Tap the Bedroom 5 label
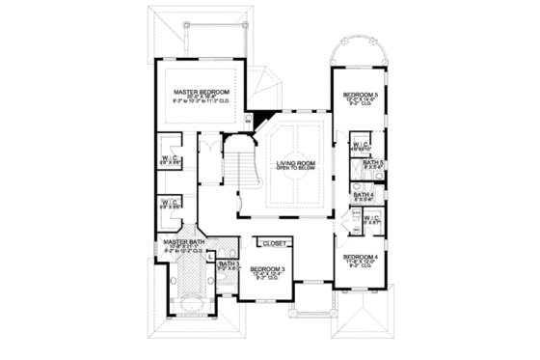pos(359,94)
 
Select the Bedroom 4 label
pos(359,255)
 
